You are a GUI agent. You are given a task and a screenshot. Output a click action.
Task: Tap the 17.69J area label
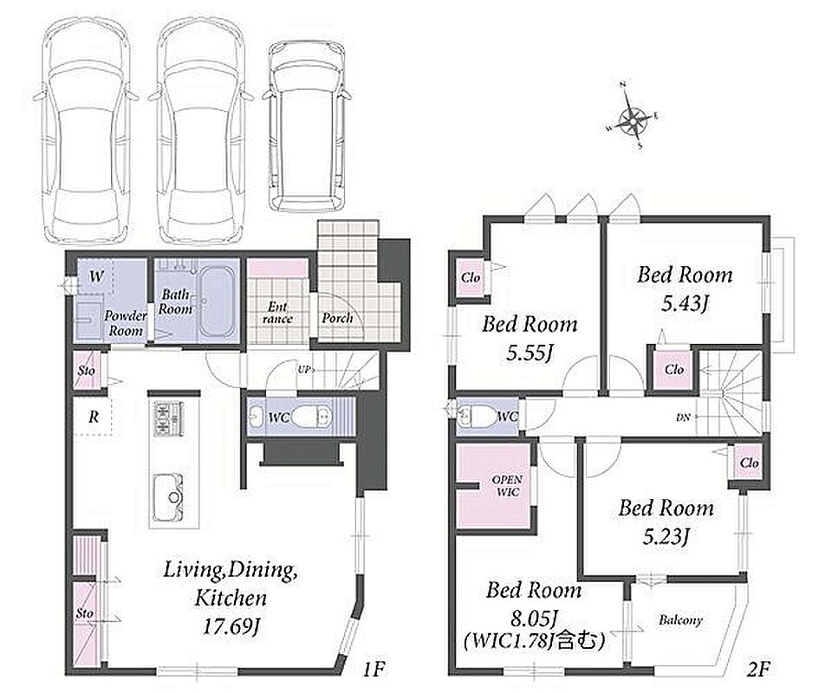click(x=231, y=627)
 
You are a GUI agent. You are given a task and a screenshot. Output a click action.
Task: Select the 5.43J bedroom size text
click(x=685, y=303)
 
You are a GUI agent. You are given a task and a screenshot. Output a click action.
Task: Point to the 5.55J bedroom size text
click(x=529, y=353)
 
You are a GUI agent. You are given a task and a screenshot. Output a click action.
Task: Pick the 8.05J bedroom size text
click(x=533, y=617)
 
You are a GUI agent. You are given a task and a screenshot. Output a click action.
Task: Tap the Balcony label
click(x=680, y=620)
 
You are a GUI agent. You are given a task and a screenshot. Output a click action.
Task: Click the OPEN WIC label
click(x=507, y=486)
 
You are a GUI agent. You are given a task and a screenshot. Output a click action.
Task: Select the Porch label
click(x=337, y=318)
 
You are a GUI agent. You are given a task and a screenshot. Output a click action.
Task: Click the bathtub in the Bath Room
click(x=217, y=302)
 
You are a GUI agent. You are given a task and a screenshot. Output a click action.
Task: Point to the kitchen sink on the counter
click(x=168, y=498)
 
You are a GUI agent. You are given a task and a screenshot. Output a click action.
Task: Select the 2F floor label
click(x=757, y=669)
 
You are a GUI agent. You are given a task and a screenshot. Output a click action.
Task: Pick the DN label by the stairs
click(x=683, y=418)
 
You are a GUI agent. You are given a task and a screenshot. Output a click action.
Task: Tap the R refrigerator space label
click(x=94, y=417)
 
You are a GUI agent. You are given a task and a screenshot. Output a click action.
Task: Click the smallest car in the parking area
click(x=307, y=128)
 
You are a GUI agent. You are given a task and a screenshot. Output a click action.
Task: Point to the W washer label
click(x=96, y=276)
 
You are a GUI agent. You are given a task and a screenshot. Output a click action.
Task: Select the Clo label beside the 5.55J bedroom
click(x=471, y=277)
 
